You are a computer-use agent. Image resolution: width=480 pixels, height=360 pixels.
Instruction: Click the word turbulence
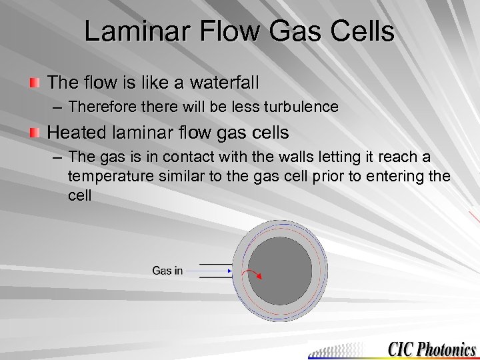pos(300,107)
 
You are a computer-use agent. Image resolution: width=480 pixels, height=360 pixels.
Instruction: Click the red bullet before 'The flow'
pos(35,83)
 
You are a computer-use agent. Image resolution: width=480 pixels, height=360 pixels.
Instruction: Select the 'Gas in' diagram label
pos(167,271)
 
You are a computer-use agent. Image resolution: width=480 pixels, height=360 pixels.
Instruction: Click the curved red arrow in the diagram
pos(253,274)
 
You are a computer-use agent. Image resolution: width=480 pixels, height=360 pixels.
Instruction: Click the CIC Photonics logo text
pos(432,349)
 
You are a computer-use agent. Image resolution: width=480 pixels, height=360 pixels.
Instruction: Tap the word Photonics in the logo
pos(447,349)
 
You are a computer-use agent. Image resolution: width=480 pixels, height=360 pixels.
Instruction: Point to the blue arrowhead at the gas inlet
pos(230,271)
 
